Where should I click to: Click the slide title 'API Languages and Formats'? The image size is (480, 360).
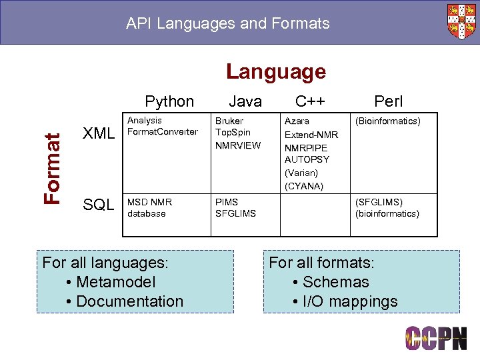(228, 24)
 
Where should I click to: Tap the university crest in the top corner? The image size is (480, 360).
(461, 21)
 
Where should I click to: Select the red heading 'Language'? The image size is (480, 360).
(275, 71)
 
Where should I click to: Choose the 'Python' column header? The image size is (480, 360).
(169, 101)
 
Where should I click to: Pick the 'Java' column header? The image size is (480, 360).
(245, 101)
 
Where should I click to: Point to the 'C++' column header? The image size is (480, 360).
(310, 101)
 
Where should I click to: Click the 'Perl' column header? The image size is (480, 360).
(388, 101)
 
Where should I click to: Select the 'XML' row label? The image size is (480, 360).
(99, 133)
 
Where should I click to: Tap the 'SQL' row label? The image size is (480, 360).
(99, 205)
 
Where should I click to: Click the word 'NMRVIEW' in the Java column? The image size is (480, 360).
(237, 145)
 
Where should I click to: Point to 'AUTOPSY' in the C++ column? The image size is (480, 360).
(307, 160)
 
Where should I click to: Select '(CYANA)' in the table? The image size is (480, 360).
(303, 186)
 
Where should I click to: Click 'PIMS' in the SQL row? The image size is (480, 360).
(226, 201)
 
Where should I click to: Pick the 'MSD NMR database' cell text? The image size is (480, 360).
(149, 207)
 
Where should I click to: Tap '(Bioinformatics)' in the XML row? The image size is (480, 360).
(388, 121)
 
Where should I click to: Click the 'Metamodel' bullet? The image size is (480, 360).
(116, 282)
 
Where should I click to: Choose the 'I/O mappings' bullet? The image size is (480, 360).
(350, 301)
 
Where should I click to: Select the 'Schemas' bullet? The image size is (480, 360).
(335, 282)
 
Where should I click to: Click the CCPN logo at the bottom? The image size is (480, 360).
(436, 339)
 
